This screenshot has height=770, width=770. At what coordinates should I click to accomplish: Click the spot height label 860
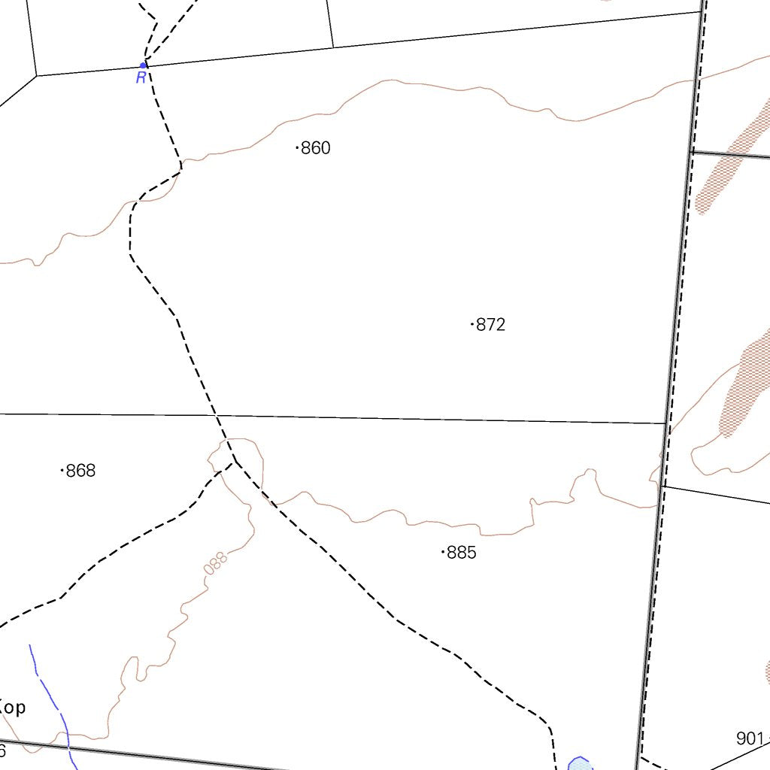pos(316,148)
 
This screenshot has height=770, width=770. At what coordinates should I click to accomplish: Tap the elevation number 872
pos(491,325)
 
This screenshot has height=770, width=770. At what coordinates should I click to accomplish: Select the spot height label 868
pos(81,471)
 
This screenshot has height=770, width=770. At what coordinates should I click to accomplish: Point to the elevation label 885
pos(462,553)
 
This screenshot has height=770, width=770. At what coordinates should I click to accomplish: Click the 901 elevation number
pos(750,738)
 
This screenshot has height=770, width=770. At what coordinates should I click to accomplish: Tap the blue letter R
pos(141,78)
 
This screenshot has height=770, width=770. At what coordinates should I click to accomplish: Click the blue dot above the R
pos(143,65)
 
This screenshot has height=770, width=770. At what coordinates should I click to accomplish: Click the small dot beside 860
pos(298,148)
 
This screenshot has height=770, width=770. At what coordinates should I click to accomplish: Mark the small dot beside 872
pos(472,325)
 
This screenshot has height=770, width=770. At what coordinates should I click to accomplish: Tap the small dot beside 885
pos(443,553)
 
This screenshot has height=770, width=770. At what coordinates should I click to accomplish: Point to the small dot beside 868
pos(62,471)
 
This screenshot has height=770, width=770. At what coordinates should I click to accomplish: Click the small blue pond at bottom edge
pos(580,763)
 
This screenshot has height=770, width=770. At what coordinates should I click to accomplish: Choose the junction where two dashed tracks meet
pos(235,462)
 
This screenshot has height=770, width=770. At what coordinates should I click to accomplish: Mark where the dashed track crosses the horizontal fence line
pos(217,415)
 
